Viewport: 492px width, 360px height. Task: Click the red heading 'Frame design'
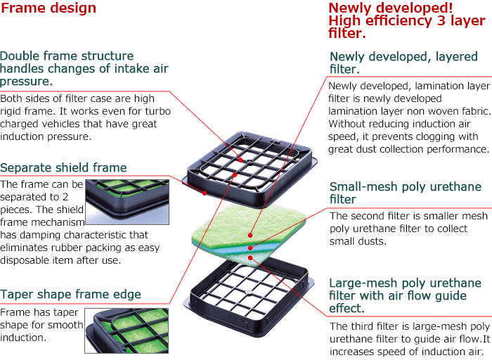(x=48, y=8)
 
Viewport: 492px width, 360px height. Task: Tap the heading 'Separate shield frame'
(x=63, y=167)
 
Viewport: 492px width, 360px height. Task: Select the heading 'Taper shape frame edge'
(x=70, y=295)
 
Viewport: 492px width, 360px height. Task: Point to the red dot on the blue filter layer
(x=250, y=248)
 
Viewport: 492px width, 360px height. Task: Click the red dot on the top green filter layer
(x=250, y=235)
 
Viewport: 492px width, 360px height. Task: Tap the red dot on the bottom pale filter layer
(x=250, y=258)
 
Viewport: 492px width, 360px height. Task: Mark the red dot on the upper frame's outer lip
(x=205, y=193)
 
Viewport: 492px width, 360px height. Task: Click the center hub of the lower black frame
(x=248, y=292)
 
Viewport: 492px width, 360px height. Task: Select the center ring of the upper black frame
(x=250, y=162)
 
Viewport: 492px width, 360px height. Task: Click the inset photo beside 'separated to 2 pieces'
(x=127, y=202)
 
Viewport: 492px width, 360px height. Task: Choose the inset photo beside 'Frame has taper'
(x=127, y=330)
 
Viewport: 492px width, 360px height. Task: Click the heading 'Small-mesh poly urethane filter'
(x=406, y=193)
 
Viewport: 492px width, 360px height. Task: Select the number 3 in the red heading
(x=441, y=20)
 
